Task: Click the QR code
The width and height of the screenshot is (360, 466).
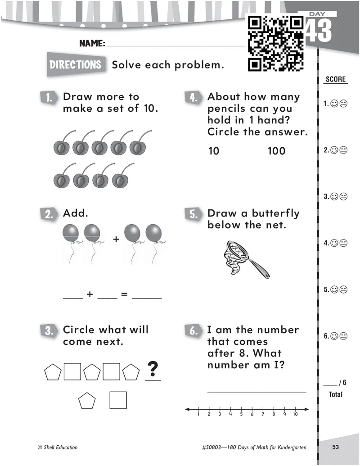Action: (276, 44)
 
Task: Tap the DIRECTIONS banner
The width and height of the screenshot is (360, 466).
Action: (76, 64)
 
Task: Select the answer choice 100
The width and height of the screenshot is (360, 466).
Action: (276, 151)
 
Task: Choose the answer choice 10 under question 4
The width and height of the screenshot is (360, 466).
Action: (214, 151)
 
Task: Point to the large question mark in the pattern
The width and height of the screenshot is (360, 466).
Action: (153, 369)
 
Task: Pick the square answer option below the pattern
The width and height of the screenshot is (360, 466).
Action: (118, 400)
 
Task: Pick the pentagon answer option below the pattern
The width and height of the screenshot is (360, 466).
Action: (87, 400)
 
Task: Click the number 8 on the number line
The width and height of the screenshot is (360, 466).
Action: (274, 414)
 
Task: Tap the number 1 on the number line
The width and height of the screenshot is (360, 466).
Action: (198, 414)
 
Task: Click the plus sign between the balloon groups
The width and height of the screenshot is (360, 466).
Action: (116, 240)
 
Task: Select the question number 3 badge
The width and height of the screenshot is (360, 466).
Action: (49, 331)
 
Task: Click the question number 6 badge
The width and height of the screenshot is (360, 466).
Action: (193, 331)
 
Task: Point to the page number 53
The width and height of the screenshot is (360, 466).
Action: (335, 447)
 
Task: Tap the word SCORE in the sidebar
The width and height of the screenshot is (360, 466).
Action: (335, 80)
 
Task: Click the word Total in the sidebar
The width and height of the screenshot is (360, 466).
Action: (335, 394)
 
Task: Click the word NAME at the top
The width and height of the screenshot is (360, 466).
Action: (92, 44)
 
